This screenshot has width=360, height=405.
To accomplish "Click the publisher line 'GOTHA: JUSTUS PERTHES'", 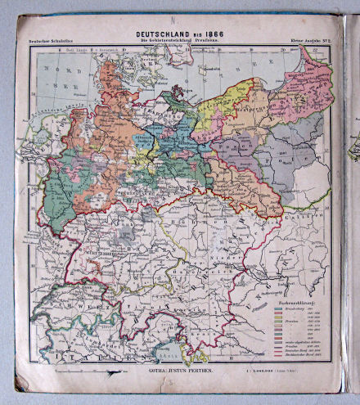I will [171, 371].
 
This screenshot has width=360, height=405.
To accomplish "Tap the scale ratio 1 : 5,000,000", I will [272, 371].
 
